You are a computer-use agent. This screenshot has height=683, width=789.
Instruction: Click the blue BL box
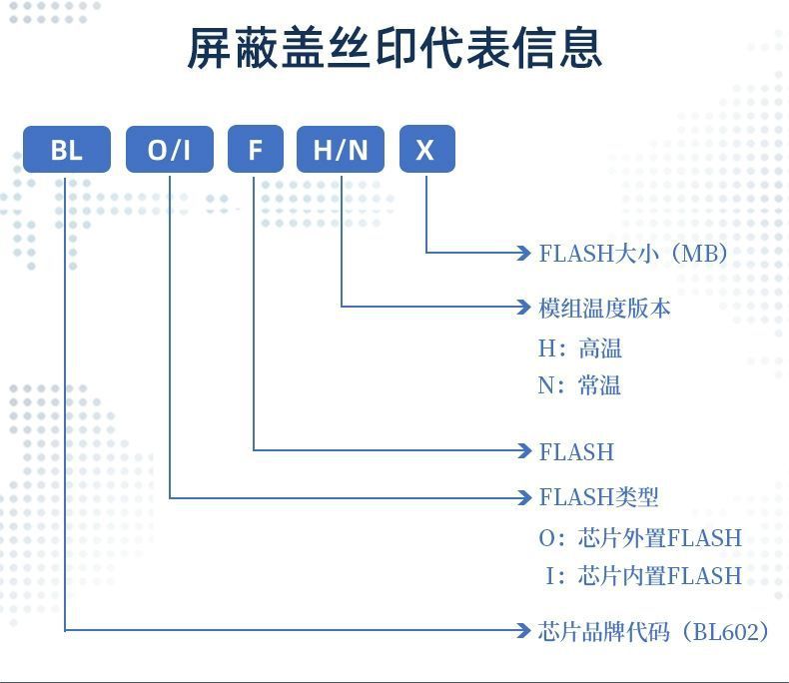point(67,150)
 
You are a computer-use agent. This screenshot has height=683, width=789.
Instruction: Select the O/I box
point(169,150)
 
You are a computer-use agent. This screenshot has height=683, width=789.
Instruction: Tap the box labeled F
point(255,150)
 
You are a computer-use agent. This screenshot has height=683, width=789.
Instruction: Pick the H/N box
point(341,150)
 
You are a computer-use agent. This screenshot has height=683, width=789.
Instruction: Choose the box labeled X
point(426,150)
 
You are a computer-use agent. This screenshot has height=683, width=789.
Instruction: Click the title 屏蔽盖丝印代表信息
point(394,48)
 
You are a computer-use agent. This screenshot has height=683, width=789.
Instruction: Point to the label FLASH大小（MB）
point(633,253)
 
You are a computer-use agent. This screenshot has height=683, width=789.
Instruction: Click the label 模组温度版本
point(604,308)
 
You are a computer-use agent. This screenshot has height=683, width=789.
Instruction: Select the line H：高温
point(580,348)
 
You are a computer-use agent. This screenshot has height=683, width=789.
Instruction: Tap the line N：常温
point(580,385)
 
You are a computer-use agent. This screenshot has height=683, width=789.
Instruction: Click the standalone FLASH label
point(576,451)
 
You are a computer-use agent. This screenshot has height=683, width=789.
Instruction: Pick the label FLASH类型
point(598,496)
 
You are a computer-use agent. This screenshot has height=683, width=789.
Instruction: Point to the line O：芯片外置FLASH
point(640,538)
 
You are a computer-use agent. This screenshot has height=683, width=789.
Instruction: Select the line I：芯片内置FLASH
point(643,575)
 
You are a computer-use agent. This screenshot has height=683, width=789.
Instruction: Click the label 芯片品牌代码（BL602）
point(654,631)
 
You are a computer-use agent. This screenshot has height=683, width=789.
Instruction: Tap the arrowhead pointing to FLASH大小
point(524,253)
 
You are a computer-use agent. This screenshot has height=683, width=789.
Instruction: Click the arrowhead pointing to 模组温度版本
point(524,307)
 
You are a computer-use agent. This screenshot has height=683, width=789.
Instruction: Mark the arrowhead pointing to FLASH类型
point(524,496)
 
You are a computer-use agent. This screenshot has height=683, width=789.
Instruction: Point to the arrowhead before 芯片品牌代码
point(524,630)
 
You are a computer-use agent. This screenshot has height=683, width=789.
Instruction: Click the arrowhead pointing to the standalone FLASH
point(524,450)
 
